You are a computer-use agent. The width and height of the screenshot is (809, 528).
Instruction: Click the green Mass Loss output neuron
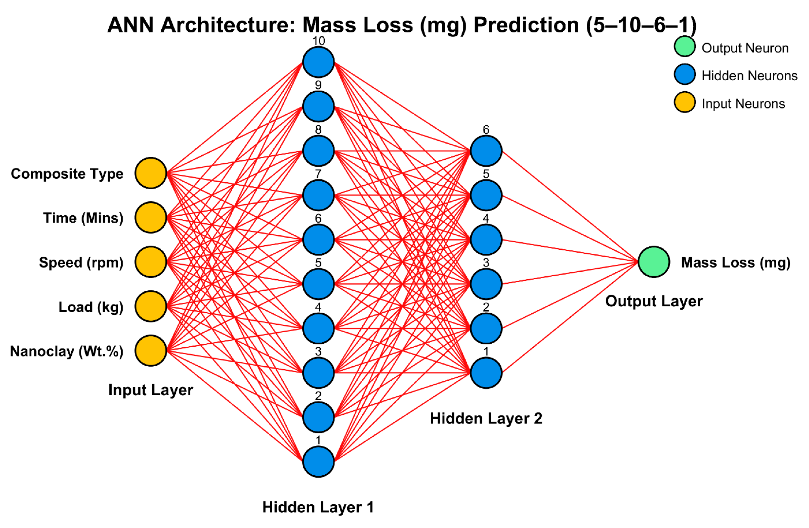[x=654, y=262]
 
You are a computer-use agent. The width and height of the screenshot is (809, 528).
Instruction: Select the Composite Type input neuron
[x=151, y=173]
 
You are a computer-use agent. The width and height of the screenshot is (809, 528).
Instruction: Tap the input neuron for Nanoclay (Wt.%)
[x=151, y=351]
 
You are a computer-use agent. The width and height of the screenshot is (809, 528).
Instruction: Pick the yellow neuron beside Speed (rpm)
[x=151, y=262]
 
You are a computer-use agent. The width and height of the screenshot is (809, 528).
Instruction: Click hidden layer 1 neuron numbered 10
[x=318, y=62]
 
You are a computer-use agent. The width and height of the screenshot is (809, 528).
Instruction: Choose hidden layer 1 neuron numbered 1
[x=318, y=461]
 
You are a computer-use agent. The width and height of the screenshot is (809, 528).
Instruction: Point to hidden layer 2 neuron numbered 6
[x=486, y=151]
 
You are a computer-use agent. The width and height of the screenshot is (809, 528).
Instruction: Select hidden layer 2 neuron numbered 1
[x=486, y=373]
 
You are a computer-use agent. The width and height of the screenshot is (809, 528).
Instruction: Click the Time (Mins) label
[x=83, y=218]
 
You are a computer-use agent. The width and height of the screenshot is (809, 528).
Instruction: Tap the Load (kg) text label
[x=91, y=307]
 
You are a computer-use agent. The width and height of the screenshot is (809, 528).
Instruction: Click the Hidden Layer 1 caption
[x=318, y=507]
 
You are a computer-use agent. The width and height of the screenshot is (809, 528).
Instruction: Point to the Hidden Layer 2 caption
[x=486, y=418]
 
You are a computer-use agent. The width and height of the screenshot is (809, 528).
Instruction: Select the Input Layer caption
[x=151, y=390]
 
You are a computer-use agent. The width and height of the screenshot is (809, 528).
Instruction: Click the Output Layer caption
[x=654, y=301]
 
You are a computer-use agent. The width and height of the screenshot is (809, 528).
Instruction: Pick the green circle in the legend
[x=685, y=47]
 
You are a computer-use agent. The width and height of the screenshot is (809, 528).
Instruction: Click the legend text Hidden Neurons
[x=749, y=76]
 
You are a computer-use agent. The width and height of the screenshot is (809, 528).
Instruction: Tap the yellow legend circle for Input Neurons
[x=685, y=102]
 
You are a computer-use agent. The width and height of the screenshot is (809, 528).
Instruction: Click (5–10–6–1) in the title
[x=641, y=25]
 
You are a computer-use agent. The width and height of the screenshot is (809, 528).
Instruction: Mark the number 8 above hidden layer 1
[x=318, y=130]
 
